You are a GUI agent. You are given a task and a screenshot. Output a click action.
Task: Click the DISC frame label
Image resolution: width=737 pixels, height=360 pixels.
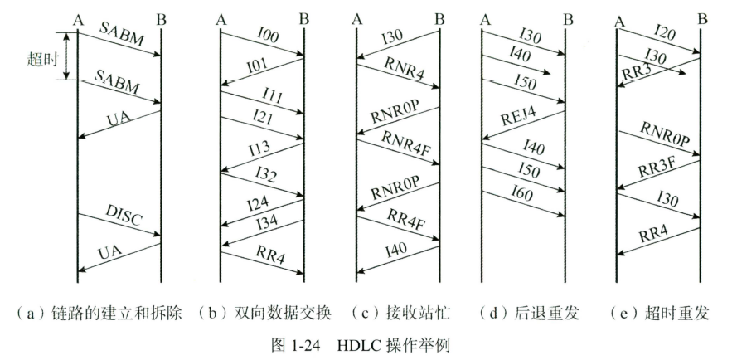122,216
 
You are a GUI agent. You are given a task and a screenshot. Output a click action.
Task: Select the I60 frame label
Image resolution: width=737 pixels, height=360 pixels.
521,195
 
